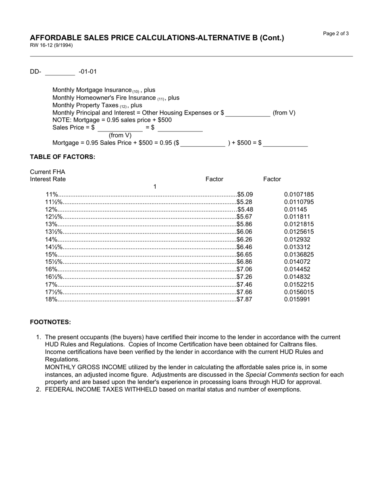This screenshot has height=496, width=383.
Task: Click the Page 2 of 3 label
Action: coord(336,33)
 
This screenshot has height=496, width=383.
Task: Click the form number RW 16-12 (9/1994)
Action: coord(51,46)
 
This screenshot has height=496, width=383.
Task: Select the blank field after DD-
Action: coord(60,72)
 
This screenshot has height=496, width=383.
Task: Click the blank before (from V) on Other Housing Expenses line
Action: coord(248,113)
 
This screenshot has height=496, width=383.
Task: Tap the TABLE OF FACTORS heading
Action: coord(62,157)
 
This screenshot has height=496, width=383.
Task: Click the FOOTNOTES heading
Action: coord(50,322)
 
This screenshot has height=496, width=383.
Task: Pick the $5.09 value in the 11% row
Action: coord(245,194)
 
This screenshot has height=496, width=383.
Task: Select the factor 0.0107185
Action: coord(299,194)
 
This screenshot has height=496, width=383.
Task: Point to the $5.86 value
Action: coord(244,224)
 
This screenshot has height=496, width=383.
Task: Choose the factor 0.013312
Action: coord(297,247)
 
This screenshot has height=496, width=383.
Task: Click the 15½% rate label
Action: coord(54,262)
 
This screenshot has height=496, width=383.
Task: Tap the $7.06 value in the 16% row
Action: coord(244,269)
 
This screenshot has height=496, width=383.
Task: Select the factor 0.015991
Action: coord(297,300)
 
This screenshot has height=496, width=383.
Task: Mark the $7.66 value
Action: coord(244,292)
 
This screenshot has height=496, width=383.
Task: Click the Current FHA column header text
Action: coord(47,172)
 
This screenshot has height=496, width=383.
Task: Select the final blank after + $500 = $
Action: coord(285,143)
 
